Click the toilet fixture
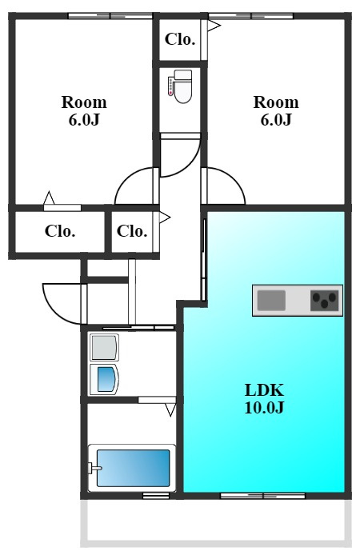pyautogui.click(x=180, y=86)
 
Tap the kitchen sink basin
pyautogui.click(x=271, y=300)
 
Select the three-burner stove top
pyautogui.click(x=324, y=301)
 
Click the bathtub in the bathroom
pyautogui.click(x=132, y=468)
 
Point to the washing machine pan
pyautogui.click(x=104, y=347)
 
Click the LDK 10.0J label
pyautogui.click(x=264, y=398)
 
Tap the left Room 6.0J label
pyautogui.click(x=84, y=111)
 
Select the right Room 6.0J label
pyautogui.click(x=276, y=111)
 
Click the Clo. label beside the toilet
pyautogui.click(x=180, y=39)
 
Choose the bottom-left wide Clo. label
pyautogui.click(x=60, y=231)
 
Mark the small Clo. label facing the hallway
pyautogui.click(x=132, y=231)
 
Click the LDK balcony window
pyautogui.click(x=262, y=496)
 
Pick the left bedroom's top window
pyautogui.click(x=110, y=15)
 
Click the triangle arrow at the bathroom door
pyautogui.click(x=170, y=410)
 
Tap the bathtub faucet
pyautogui.click(x=94, y=468)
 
